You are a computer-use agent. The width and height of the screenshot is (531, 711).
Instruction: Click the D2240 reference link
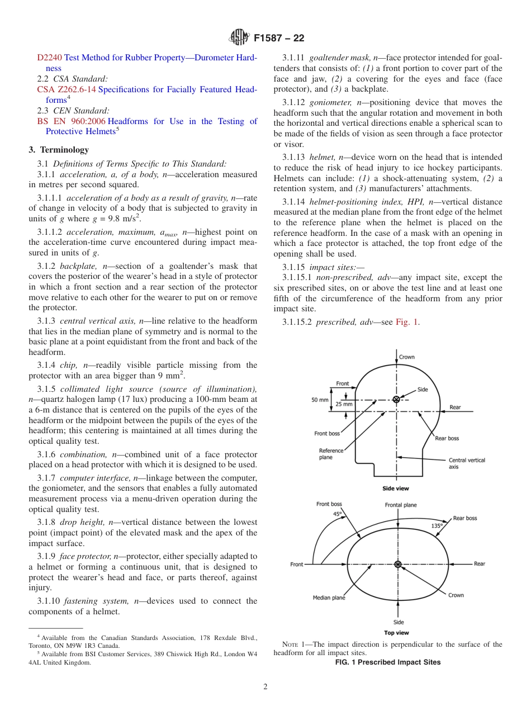[49, 57]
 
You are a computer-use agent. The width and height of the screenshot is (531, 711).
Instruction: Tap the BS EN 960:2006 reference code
[71, 121]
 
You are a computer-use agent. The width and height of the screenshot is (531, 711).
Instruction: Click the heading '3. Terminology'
[59, 150]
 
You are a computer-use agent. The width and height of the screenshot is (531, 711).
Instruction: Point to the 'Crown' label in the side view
[407, 357]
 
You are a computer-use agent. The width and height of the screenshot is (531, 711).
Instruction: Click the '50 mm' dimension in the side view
[320, 400]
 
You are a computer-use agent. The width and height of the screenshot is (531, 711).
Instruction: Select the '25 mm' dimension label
[344, 404]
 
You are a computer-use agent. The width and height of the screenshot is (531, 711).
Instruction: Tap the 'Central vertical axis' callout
[467, 463]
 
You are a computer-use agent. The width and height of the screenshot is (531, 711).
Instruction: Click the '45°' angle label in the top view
[337, 513]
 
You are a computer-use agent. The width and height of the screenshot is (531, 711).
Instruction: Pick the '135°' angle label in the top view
[437, 525]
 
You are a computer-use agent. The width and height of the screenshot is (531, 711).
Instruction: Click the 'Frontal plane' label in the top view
[401, 505]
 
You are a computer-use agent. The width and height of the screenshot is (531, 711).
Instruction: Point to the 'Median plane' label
[329, 598]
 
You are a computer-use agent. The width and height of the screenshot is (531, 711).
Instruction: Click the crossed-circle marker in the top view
[398, 565]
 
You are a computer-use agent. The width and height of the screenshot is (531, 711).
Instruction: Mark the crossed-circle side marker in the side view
[396, 399]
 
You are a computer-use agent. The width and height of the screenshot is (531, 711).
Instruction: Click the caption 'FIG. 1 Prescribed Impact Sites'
[387, 662]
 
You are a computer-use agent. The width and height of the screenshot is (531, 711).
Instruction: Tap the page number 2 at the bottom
[265, 688]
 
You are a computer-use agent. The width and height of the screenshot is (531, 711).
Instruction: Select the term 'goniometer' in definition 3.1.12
[331, 102]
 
